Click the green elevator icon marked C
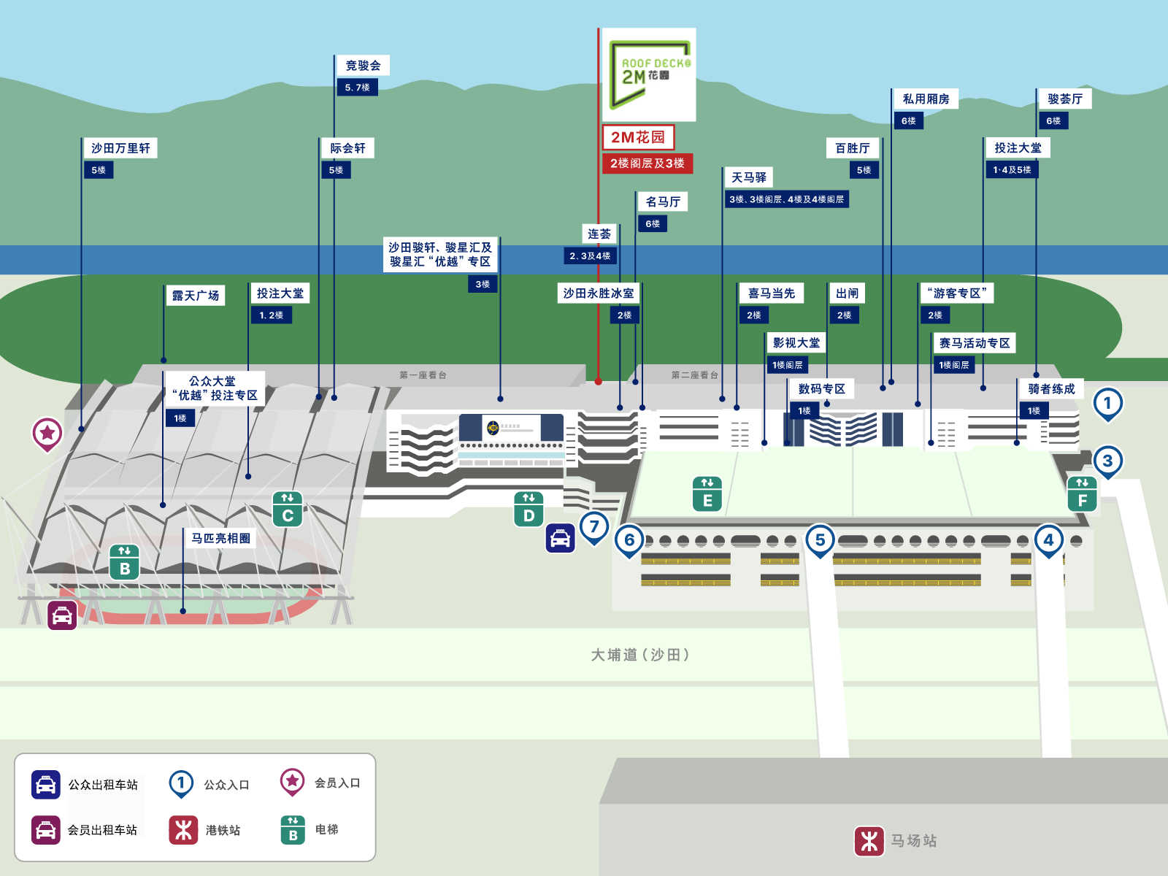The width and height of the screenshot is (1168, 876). pos(288,509)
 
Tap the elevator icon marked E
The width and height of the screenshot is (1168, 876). pos(707,494)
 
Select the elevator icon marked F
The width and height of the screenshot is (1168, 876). pos(1082,494)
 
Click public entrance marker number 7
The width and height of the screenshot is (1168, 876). pos(593,528)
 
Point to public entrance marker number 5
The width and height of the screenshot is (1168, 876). pos(820,541)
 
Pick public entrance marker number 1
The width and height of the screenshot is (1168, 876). pos(1108,404)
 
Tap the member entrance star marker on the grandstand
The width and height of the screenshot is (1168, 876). pos(47,434)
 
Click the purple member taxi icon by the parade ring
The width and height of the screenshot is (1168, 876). pos(62,615)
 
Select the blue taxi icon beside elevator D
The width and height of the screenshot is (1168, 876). pos(561,538)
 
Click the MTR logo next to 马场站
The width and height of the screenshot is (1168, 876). pos(869,841)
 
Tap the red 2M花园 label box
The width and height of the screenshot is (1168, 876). pos(639,137)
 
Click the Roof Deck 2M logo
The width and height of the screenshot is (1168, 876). pos(649,74)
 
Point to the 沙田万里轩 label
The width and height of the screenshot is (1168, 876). pos(120,148)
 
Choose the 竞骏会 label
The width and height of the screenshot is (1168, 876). pos(363,66)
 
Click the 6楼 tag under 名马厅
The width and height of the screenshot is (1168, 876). pos(653,224)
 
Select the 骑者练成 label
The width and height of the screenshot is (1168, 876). pos(1051,389)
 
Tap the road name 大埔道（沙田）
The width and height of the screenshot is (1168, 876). pos(640,655)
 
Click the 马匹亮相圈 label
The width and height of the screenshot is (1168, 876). pos(220,538)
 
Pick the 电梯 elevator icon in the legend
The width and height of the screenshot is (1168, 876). pos(293,830)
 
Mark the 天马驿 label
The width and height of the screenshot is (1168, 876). pos(749,177)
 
